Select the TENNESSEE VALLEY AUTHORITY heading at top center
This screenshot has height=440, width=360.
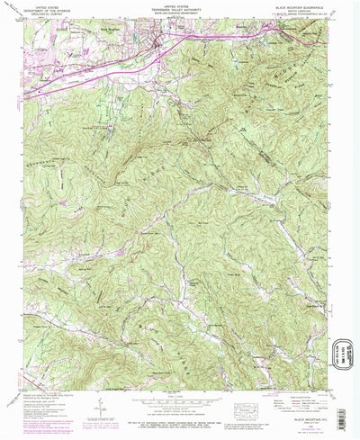click(x=175, y=10)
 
